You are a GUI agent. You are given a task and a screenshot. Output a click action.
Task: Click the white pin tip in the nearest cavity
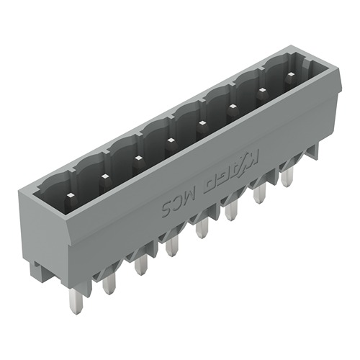(71, 195)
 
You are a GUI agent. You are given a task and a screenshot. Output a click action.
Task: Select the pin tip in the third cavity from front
(136, 155)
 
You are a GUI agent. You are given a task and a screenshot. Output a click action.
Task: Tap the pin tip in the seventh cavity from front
(261, 89)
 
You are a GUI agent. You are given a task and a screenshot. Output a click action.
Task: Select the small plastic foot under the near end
(40, 273)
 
